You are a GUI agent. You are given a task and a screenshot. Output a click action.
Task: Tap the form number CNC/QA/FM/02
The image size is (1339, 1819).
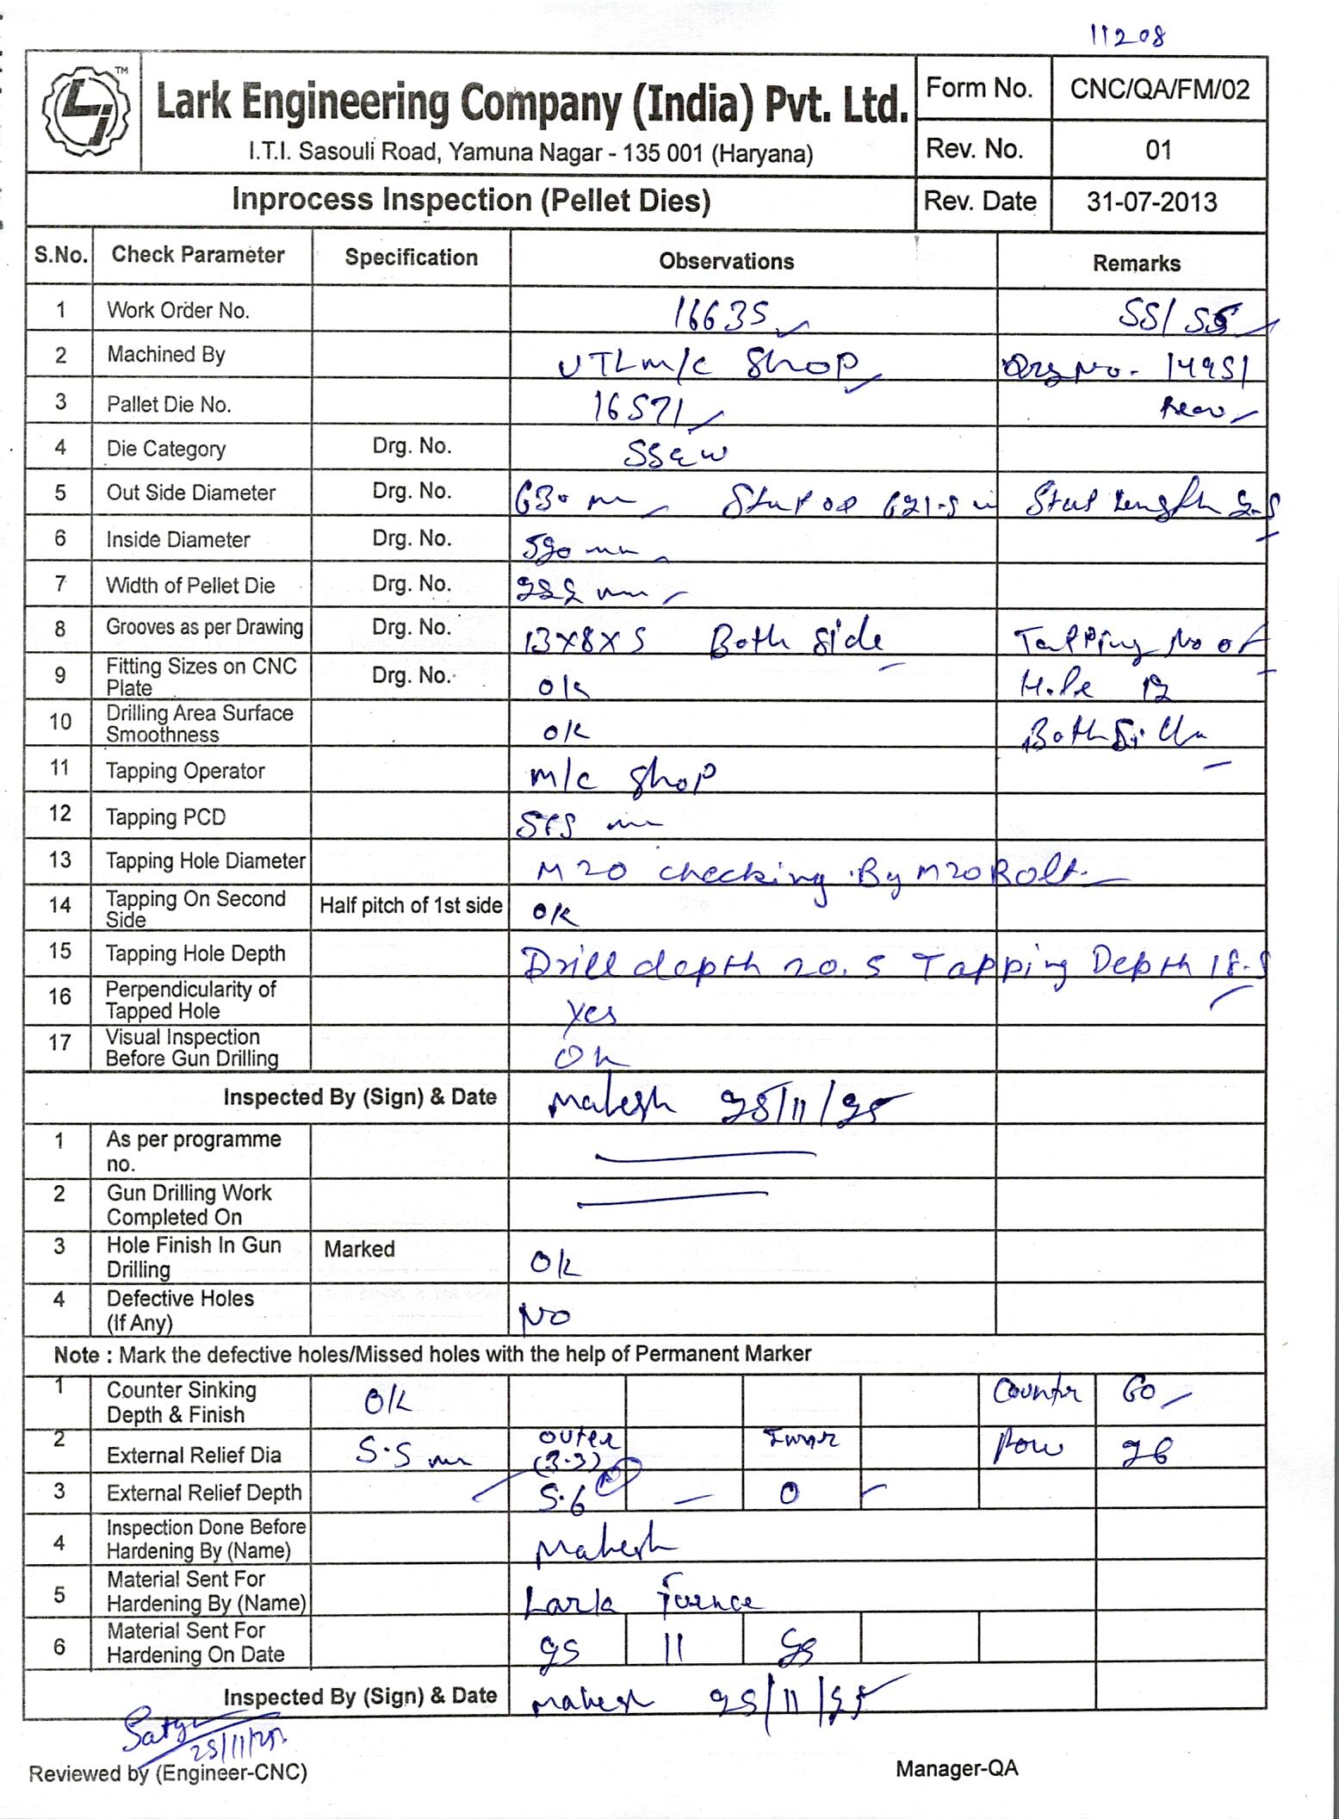(x=1159, y=90)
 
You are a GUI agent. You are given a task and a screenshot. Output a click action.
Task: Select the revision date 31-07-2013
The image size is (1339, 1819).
(x=1151, y=202)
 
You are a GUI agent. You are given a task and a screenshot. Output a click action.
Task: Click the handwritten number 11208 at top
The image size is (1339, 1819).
(x=1128, y=36)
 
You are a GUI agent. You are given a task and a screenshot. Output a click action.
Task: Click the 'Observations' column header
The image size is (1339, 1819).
(x=726, y=262)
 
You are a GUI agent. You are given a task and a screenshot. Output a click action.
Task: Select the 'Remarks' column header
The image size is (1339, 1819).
(x=1136, y=264)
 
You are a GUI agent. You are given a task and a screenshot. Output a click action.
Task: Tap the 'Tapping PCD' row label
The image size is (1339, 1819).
(x=165, y=816)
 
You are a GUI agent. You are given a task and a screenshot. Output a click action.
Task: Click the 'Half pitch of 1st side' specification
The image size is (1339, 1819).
(x=411, y=905)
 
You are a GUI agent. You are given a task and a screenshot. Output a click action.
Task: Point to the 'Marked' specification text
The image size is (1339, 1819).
(x=359, y=1249)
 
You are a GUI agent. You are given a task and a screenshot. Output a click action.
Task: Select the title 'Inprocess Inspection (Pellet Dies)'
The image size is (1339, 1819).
(x=471, y=201)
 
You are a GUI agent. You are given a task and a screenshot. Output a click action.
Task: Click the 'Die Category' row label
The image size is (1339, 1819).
(x=165, y=449)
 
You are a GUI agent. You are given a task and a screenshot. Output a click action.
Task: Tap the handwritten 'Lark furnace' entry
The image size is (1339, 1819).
(x=641, y=1600)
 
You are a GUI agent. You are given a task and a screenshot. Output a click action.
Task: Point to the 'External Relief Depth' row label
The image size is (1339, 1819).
(x=203, y=1493)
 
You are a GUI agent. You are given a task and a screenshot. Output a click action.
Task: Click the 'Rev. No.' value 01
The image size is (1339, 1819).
(x=1158, y=151)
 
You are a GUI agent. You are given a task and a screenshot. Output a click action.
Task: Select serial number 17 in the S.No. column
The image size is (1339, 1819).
(x=59, y=1043)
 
